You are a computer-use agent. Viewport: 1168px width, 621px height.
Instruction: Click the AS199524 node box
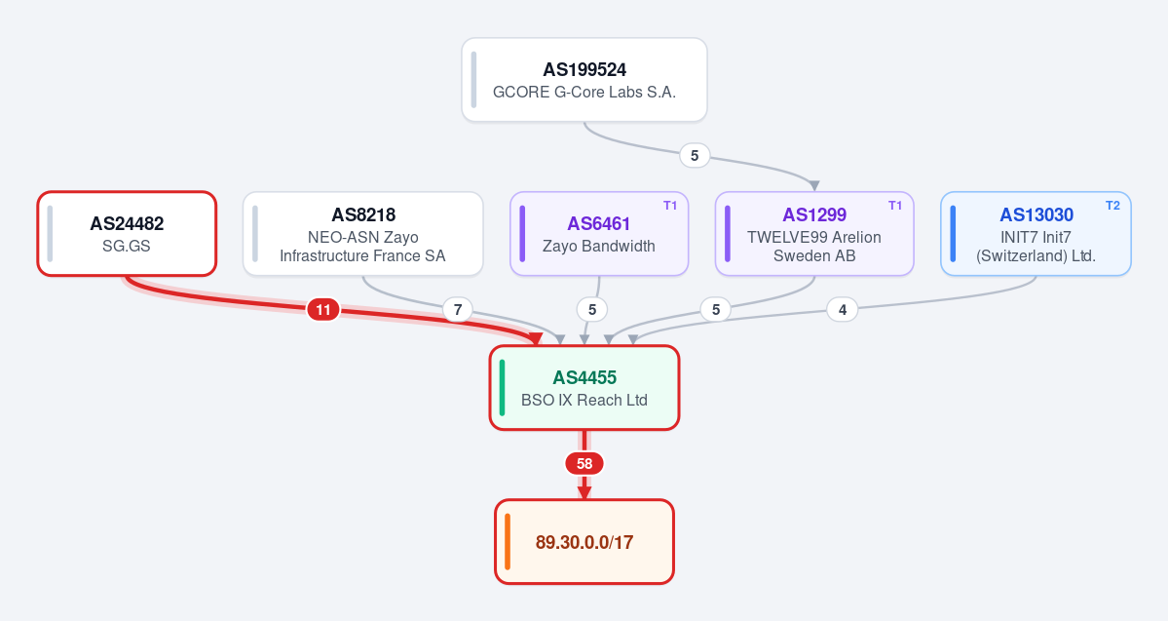584,80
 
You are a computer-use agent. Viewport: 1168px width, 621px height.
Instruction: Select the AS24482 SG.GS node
127,233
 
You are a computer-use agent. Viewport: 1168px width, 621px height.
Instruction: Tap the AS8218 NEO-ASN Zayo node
362,233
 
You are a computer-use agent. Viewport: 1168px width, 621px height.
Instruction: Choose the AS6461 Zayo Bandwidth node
599,233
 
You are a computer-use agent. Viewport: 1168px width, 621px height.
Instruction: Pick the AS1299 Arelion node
814,233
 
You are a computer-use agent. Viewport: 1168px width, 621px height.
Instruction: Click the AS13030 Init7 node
1036,233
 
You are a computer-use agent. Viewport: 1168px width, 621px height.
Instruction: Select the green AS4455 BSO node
584,388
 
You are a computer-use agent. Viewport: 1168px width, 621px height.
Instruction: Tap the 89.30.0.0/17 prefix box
584,541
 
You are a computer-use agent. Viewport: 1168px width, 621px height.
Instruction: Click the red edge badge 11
323,309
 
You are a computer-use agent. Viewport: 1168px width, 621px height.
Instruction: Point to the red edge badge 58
584,464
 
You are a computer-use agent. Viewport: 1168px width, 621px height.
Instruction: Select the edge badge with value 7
458,309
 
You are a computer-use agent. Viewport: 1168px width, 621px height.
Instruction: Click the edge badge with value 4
843,309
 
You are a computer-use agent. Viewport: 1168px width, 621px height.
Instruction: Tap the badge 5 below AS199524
695,155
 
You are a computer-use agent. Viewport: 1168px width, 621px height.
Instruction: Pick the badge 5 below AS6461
592,309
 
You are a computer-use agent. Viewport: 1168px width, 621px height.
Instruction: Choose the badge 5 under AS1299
716,309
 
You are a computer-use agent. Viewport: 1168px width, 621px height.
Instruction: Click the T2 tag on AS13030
1112,206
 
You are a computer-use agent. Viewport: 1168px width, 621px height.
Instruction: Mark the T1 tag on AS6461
670,206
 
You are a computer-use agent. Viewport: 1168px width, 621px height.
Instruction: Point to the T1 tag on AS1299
895,206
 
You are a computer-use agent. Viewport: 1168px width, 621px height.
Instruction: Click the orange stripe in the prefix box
508,541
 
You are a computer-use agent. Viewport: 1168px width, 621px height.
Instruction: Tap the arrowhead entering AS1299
814,185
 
